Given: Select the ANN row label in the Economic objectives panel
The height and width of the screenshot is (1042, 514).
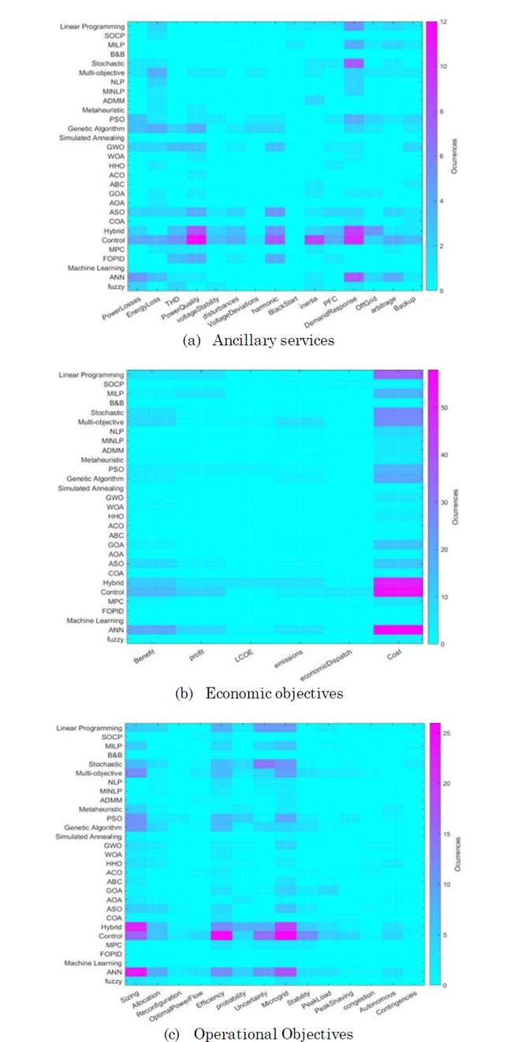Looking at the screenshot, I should click(x=116, y=629).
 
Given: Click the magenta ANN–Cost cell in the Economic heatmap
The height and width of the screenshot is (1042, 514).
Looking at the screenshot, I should click(x=398, y=629).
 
